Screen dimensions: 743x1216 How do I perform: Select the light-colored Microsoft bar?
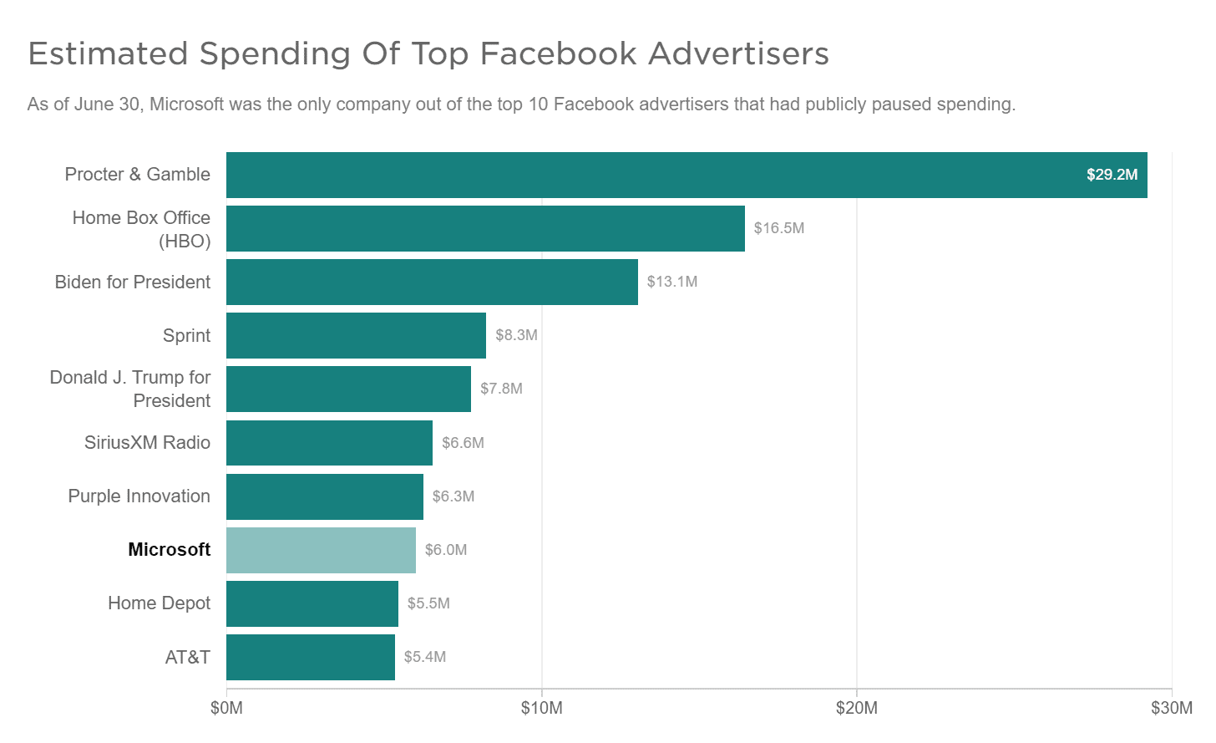click(x=321, y=550)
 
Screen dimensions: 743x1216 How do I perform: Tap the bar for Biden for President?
click(x=432, y=282)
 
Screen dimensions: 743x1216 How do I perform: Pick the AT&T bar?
click(x=310, y=657)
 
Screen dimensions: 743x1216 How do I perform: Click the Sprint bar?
click(x=356, y=335)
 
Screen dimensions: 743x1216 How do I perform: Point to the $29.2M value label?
click(x=1112, y=175)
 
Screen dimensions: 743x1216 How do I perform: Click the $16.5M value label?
click(x=778, y=228)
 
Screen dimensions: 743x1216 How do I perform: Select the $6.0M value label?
click(x=446, y=550)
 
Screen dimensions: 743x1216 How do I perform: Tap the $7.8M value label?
click(x=501, y=389)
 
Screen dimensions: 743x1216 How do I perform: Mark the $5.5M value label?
click(x=428, y=603)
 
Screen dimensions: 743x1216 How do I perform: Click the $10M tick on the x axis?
click(x=541, y=709)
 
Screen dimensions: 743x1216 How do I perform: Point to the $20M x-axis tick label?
click(x=856, y=709)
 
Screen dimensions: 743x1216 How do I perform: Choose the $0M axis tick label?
click(x=226, y=709)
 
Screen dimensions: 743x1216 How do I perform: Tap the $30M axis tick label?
click(x=1171, y=709)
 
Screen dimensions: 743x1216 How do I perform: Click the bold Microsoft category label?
click(x=169, y=550)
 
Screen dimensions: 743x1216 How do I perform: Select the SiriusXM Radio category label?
click(x=147, y=443)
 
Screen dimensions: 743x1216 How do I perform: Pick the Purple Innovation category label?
click(x=139, y=496)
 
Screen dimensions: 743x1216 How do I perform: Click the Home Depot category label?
click(x=159, y=603)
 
